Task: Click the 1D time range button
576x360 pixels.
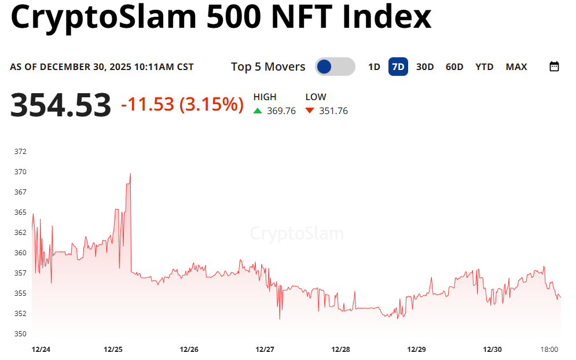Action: click(x=374, y=67)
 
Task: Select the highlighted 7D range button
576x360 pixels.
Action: click(x=398, y=67)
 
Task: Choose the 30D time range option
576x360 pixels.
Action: click(x=425, y=67)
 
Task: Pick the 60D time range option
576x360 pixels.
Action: click(x=454, y=67)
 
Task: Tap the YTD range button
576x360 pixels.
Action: click(x=485, y=67)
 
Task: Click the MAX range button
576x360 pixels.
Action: click(x=516, y=67)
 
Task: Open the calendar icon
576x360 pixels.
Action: click(x=554, y=67)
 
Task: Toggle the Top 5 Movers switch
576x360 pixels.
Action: click(x=335, y=67)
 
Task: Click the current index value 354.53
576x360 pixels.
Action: click(x=61, y=105)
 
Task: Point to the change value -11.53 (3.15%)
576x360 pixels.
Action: click(x=182, y=105)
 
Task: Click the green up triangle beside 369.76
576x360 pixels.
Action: click(x=258, y=111)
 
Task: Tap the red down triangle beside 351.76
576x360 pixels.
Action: click(x=310, y=111)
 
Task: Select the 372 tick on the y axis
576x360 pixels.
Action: click(x=20, y=152)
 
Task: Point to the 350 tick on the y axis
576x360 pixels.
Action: click(x=20, y=334)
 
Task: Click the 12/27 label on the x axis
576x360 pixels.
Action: click(x=265, y=350)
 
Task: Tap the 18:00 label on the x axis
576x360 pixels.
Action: click(x=549, y=350)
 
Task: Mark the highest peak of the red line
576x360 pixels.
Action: click(x=130, y=173)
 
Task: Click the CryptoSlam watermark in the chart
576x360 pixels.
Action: click(x=296, y=234)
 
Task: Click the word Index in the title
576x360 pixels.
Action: click(x=387, y=17)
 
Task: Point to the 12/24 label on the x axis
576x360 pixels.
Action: click(x=41, y=350)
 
